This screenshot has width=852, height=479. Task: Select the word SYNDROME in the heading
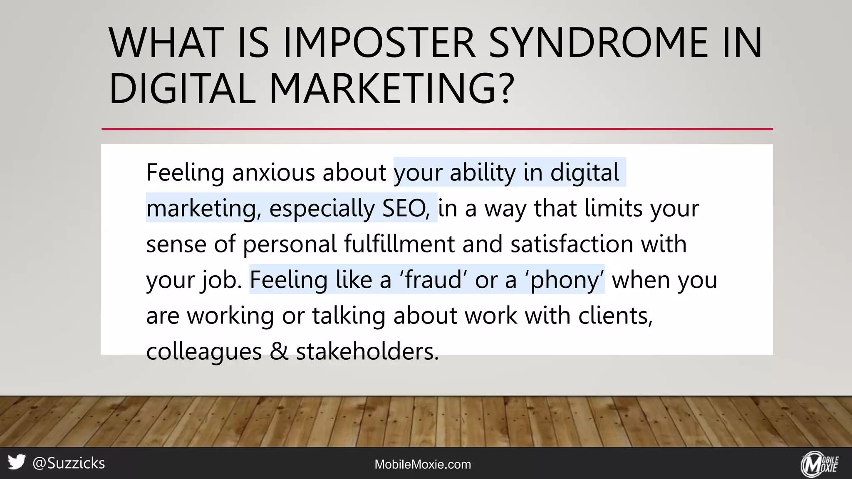pyautogui.click(x=598, y=42)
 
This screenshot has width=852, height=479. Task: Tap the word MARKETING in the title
pyautogui.click(x=383, y=89)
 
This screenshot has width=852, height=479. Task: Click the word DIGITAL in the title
pyautogui.click(x=182, y=89)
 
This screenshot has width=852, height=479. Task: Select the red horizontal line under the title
pyautogui.click(x=437, y=129)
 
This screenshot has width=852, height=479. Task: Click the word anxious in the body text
pyautogui.click(x=273, y=173)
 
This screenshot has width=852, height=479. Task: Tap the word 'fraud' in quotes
pyautogui.click(x=433, y=280)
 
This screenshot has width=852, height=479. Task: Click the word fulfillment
pyautogui.click(x=399, y=244)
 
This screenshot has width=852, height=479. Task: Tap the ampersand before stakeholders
pyautogui.click(x=279, y=351)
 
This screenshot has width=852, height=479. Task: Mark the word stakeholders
pyautogui.click(x=367, y=351)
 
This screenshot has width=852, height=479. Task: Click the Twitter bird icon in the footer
pyautogui.click(x=17, y=462)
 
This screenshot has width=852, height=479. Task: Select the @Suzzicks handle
pyautogui.click(x=69, y=463)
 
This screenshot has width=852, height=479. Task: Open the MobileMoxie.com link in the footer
pyautogui.click(x=423, y=464)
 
